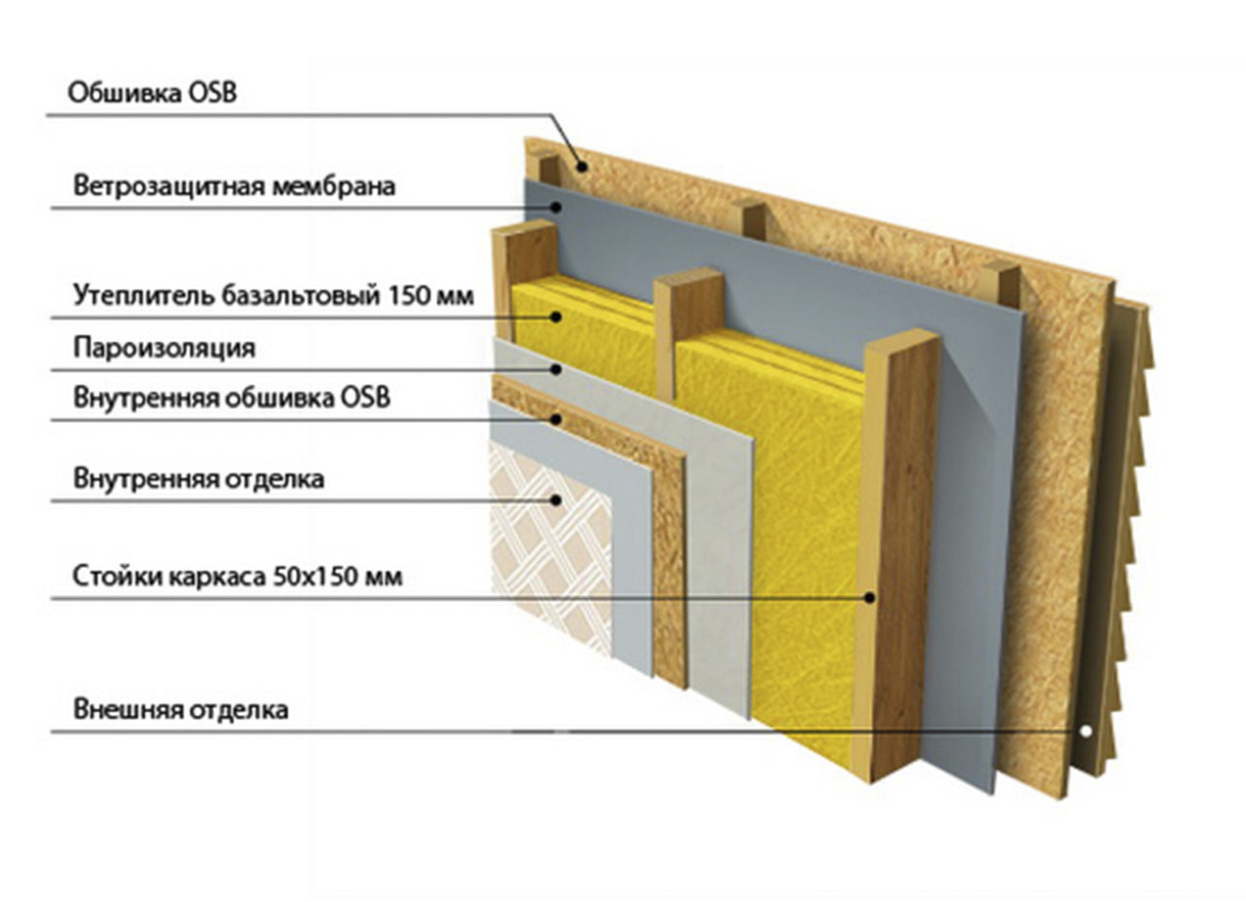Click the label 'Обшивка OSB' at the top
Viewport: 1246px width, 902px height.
[x=152, y=93]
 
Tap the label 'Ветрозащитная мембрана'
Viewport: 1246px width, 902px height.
[x=235, y=185]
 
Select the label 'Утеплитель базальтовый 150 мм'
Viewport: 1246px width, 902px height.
[x=274, y=294]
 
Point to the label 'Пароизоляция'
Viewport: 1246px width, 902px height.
[x=165, y=348]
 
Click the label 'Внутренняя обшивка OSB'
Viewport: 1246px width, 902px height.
[x=232, y=397]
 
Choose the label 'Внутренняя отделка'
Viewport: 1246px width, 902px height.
[x=199, y=478]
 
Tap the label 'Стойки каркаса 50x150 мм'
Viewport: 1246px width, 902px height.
[x=238, y=577]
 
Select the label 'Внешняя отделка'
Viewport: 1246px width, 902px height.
[x=181, y=710]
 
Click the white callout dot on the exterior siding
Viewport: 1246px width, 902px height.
[x=1085, y=732]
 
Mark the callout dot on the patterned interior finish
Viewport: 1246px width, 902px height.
[x=556, y=500]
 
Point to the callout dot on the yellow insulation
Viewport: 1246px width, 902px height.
[x=556, y=317]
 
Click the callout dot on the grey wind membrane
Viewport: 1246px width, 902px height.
[x=556, y=207]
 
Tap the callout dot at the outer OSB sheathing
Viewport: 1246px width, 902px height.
[x=582, y=166]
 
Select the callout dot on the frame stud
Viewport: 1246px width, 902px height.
[x=869, y=598]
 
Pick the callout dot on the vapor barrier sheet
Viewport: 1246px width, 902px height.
[x=556, y=368]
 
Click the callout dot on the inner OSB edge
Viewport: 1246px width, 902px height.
[x=556, y=419]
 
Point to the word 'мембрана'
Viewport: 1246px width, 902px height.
[x=334, y=186]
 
